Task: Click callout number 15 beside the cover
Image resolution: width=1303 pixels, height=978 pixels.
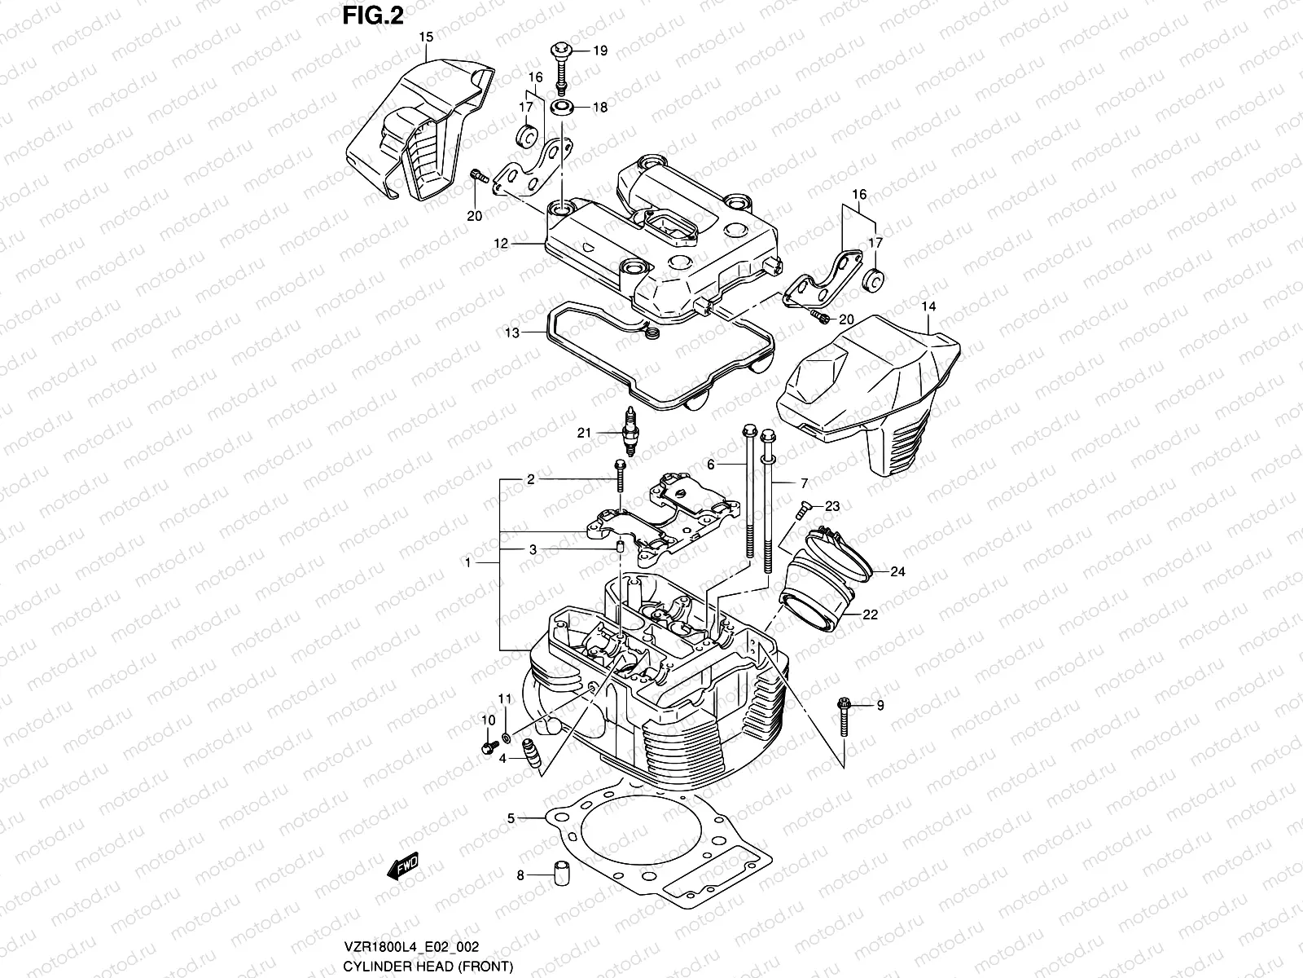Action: click(x=425, y=37)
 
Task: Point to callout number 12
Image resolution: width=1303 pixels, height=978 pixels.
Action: click(x=500, y=243)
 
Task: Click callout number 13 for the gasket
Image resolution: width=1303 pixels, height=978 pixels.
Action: click(x=511, y=333)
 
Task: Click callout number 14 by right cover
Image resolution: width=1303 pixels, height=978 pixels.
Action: click(x=929, y=306)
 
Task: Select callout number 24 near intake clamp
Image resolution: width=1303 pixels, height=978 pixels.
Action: click(x=897, y=571)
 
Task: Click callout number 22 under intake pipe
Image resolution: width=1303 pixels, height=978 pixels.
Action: click(x=870, y=615)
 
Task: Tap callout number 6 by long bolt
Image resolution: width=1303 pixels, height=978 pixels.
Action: click(x=710, y=464)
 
